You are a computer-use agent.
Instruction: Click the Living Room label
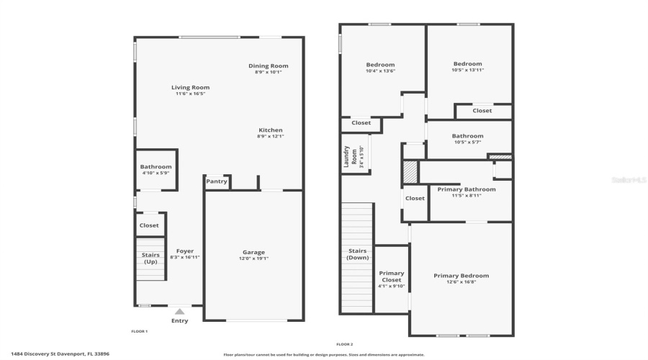click(x=191, y=87)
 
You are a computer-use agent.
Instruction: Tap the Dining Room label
click(x=269, y=66)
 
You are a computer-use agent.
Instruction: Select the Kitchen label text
click(x=271, y=130)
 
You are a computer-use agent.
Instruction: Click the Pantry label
click(x=217, y=181)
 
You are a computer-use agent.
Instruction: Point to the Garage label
click(x=253, y=252)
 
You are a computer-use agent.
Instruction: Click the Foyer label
click(x=185, y=251)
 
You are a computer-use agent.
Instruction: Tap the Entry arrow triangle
click(x=179, y=312)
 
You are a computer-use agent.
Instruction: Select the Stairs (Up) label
click(x=150, y=258)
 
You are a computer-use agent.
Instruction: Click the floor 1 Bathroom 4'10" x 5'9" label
click(x=156, y=170)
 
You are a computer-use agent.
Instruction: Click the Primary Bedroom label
click(x=461, y=276)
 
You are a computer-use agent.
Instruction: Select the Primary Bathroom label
click(x=467, y=189)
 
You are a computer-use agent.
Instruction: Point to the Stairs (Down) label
click(x=358, y=254)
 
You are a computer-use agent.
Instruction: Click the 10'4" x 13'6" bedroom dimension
click(x=380, y=71)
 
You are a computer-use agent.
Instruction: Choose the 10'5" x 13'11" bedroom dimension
click(x=467, y=70)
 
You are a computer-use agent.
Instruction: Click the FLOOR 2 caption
click(x=345, y=344)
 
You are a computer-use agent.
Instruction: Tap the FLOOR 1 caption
click(x=139, y=331)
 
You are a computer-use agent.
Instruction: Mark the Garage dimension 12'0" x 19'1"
click(x=253, y=258)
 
